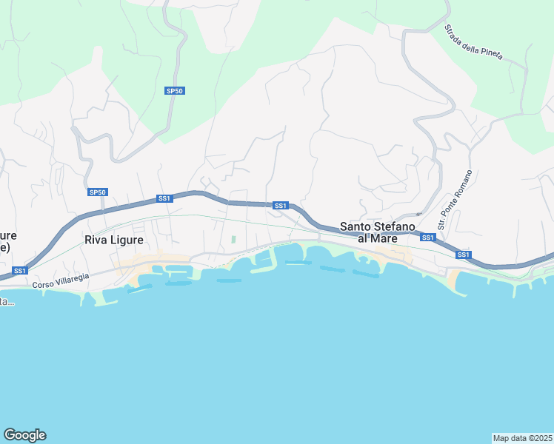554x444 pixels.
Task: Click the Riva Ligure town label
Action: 113,240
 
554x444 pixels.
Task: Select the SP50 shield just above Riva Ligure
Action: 98,192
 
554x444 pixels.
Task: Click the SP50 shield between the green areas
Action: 174,90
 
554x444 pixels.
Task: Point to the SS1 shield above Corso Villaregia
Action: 20,271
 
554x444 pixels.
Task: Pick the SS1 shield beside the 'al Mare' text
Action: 427,238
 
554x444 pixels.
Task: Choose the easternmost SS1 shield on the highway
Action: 464,255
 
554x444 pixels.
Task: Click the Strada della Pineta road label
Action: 473,42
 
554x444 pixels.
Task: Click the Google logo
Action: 24,435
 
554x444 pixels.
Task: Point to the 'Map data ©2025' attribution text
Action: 522,437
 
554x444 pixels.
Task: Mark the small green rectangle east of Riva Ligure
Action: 233,239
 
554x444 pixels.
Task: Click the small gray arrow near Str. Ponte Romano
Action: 418,215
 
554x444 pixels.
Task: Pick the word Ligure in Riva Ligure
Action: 127,240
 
